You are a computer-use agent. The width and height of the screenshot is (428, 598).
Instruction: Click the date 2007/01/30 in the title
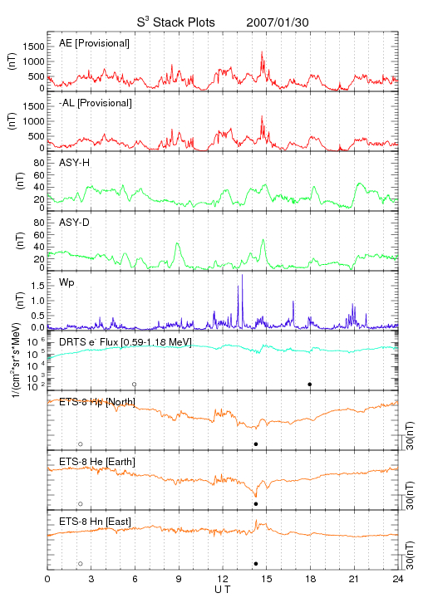pos(278,22)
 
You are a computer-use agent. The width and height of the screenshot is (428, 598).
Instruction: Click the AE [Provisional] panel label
pos(94,43)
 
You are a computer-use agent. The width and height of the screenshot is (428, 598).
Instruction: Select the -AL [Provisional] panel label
pos(96,103)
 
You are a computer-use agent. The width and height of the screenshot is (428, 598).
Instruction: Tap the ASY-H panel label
pos(74,163)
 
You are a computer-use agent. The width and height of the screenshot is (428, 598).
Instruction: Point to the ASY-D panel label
pos(74,223)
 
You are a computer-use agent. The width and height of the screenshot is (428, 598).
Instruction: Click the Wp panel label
pos(66,282)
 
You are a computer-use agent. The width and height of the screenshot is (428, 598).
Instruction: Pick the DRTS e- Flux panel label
pos(125,342)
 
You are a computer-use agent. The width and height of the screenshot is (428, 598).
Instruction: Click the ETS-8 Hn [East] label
pos(95,522)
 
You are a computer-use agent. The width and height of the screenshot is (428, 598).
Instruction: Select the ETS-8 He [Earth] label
pos(97,462)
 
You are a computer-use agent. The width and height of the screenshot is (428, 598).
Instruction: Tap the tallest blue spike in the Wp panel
pos(242,276)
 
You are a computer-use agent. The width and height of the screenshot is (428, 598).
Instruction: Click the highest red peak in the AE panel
pos(262,51)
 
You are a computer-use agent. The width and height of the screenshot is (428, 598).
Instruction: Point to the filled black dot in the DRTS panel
pos(310,385)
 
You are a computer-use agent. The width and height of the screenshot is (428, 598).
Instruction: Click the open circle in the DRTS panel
pos(135,385)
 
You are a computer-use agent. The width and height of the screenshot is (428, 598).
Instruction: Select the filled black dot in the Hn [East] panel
pos(256,564)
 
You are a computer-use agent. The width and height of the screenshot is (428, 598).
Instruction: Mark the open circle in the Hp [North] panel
pos(81,444)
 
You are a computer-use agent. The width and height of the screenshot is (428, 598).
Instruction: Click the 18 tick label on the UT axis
pos(311,579)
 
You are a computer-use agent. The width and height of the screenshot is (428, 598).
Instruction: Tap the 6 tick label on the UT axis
pos(135,579)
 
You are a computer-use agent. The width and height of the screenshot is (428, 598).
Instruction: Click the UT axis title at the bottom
pos(223,590)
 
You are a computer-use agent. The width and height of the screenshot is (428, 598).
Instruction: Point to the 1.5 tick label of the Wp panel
pos(37,286)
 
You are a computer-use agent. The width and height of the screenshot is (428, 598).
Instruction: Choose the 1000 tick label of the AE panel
pos(33,61)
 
